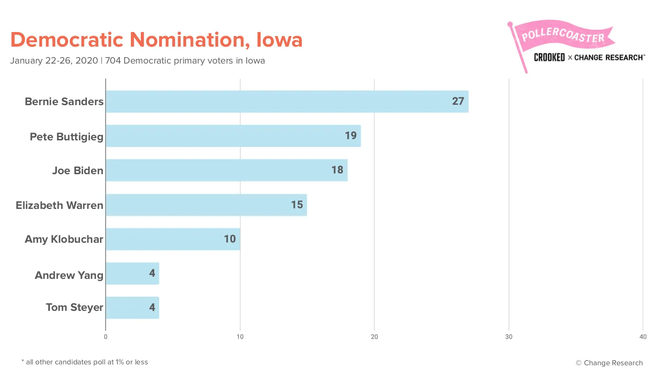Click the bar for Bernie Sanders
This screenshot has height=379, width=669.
[287, 101]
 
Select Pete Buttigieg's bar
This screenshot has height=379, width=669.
[233, 136]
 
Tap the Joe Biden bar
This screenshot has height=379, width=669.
[227, 170]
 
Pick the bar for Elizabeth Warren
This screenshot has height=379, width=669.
[206, 205]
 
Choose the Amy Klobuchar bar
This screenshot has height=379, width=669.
[173, 239]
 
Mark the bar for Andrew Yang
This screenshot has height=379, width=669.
[132, 273]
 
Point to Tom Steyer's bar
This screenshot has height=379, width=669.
[132, 308]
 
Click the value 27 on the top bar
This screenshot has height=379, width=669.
[458, 101]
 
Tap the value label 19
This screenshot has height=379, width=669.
[351, 136]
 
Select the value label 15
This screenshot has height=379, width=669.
[297, 204]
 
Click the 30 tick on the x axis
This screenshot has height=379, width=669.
[508, 337]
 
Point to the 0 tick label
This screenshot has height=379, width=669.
[106, 337]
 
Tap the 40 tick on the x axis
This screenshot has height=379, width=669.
[643, 337]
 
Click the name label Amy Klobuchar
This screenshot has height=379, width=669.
[64, 239]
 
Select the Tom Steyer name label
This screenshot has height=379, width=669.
[75, 307]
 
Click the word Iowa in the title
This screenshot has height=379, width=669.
[279, 40]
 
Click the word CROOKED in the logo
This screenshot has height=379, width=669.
[549, 57]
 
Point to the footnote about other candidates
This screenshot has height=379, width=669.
[85, 362]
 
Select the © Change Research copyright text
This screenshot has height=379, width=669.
[609, 363]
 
